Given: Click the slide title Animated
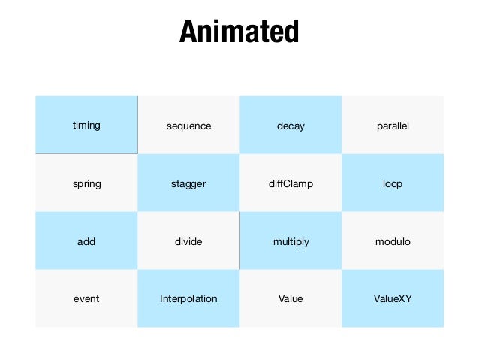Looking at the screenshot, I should [x=239, y=32].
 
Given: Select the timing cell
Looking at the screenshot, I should [x=86, y=125].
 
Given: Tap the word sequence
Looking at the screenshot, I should [x=188, y=126].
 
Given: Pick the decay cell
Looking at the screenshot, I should [x=291, y=126].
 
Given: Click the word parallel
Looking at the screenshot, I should [x=393, y=126].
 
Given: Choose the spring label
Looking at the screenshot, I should [x=86, y=183].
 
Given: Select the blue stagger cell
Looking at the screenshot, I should [x=188, y=183].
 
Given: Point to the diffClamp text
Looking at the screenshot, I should [x=291, y=183].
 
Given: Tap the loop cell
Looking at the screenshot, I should [x=393, y=183].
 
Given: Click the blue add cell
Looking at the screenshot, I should [x=86, y=241].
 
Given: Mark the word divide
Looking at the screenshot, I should [x=188, y=241].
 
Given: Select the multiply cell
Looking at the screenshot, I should [x=291, y=241].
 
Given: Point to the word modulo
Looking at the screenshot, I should [x=393, y=241].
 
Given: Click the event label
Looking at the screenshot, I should [x=86, y=298].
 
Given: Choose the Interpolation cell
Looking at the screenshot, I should [x=188, y=298].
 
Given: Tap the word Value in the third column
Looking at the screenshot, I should [x=291, y=298].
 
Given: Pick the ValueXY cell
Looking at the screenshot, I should [x=393, y=298].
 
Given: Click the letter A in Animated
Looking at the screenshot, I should [x=188, y=32].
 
